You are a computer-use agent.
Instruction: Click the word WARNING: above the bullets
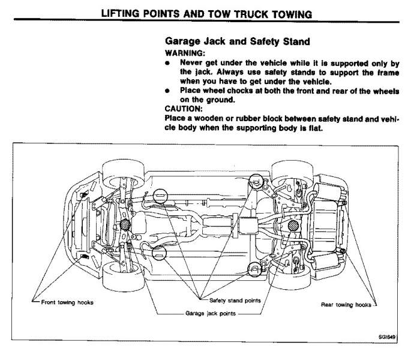[x=182, y=53]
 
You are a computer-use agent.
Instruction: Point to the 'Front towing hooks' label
[x=67, y=302]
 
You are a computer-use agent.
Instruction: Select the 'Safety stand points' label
[x=235, y=301]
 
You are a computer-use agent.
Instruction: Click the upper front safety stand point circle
[x=159, y=195]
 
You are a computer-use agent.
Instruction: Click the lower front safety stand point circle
[x=159, y=254]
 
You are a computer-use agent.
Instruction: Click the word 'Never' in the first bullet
[x=191, y=62]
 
